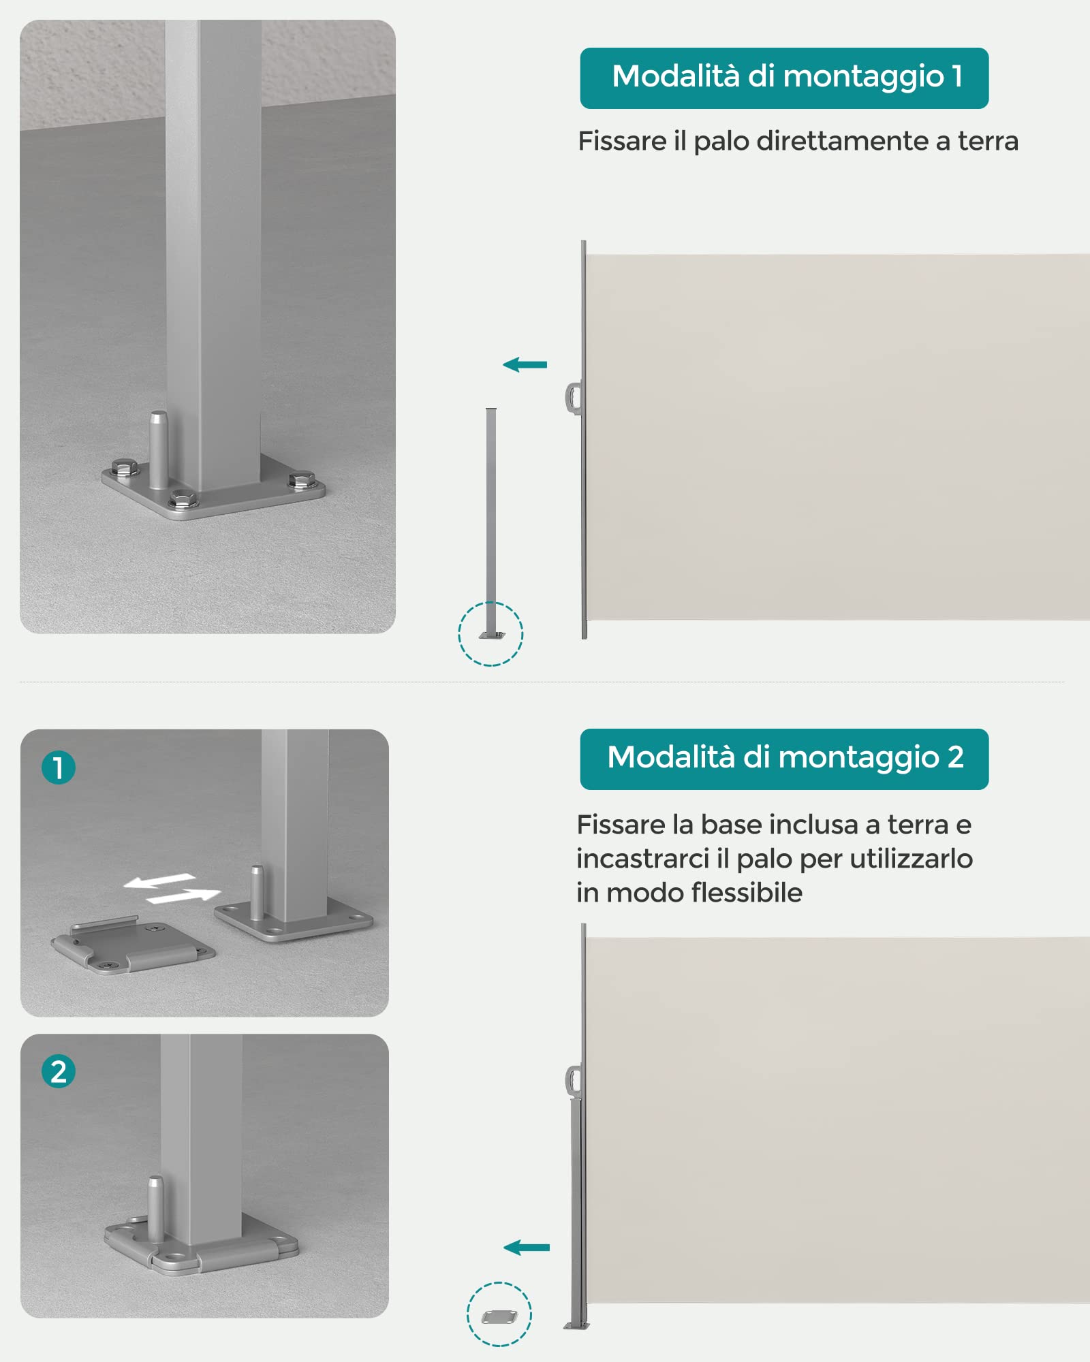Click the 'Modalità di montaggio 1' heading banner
784,78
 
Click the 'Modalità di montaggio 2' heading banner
784,759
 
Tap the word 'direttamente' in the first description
842,141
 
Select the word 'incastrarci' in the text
643,858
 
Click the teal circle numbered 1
59,767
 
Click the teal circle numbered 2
59,1071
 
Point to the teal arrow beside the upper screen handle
525,365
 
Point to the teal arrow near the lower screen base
526,1248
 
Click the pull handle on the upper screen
573,398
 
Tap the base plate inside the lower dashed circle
499,1317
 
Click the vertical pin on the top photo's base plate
159,449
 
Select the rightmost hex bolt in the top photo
300,480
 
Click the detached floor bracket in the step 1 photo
133,945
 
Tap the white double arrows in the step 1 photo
172,889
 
